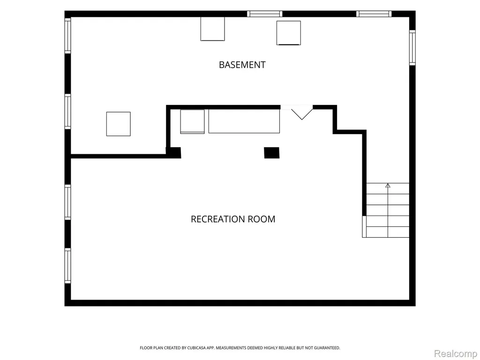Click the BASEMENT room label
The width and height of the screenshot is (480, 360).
(x=242, y=65)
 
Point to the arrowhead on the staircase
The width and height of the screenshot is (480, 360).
(x=388, y=185)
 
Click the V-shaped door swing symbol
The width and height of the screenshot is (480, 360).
(x=302, y=114)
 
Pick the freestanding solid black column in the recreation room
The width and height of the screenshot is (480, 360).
(x=272, y=153)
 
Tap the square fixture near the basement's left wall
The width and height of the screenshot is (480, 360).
(x=119, y=124)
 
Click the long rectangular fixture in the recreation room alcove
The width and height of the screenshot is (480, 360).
(x=244, y=121)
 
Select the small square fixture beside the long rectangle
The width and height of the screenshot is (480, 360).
(x=192, y=121)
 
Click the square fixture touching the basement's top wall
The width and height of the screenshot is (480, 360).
(x=212, y=29)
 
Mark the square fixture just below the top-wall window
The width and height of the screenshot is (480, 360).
(x=289, y=33)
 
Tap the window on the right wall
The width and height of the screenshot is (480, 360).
(x=412, y=47)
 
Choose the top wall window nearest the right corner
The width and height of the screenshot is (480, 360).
(x=374, y=14)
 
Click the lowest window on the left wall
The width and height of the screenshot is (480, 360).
(x=67, y=266)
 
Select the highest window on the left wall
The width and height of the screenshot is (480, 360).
(x=67, y=36)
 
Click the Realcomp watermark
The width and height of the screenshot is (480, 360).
(x=456, y=353)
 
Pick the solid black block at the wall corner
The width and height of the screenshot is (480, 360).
(x=173, y=153)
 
